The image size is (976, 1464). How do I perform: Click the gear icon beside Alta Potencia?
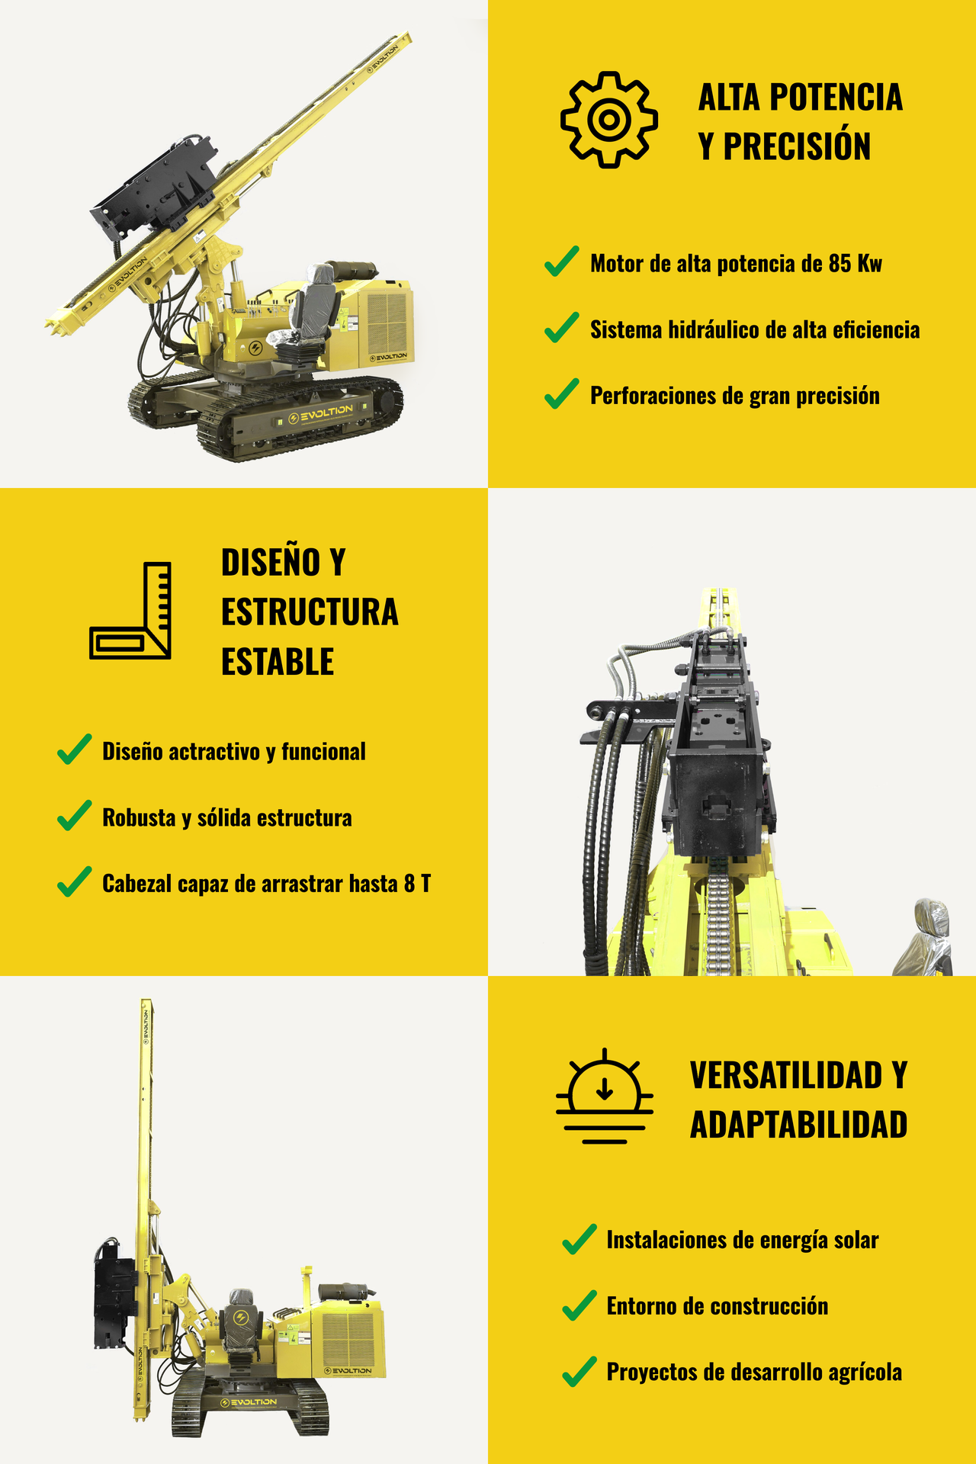(608, 119)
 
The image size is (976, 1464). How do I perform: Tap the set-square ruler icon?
(130, 611)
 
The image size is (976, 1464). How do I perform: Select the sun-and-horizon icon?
(605, 1096)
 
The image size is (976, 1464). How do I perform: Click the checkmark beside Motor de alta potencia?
(562, 262)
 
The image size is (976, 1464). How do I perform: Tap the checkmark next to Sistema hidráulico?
(562, 327)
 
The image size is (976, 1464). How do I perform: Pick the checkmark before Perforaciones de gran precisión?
(562, 393)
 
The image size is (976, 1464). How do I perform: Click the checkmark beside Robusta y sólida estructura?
(75, 816)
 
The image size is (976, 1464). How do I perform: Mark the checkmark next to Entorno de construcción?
(579, 1305)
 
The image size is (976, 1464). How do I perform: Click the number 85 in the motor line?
(840, 263)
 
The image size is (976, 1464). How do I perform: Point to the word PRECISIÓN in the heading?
(797, 146)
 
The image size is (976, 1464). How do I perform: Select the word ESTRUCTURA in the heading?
(310, 612)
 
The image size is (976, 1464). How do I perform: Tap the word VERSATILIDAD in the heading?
(786, 1075)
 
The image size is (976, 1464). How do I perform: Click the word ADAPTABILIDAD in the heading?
(799, 1125)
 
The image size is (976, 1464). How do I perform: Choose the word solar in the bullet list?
(856, 1240)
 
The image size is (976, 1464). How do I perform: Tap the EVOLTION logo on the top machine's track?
(321, 415)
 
